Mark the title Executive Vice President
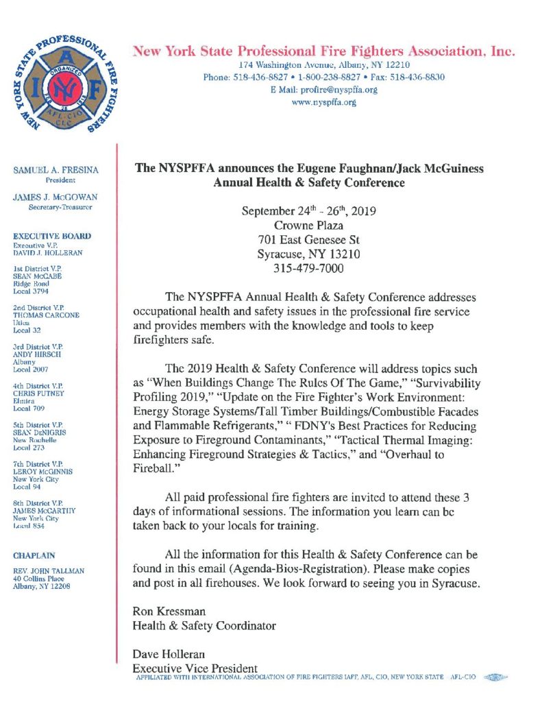pyautogui.click(x=195, y=668)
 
